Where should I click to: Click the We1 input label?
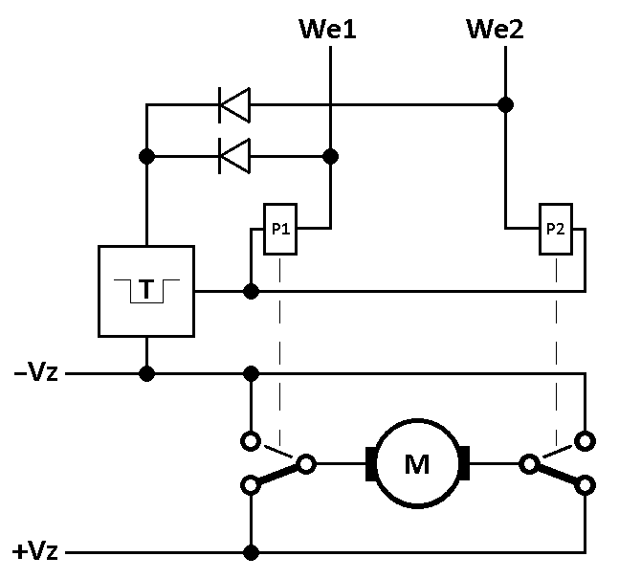coord(327,29)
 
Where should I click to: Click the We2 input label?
coord(495,29)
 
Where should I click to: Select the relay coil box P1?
coord(280,229)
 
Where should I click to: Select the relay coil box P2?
coord(556,229)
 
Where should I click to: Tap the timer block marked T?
coord(146,292)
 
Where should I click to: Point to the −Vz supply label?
coord(36,372)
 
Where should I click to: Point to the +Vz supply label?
coord(35,551)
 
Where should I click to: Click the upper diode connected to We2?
coord(234,105)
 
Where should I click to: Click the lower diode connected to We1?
coord(234,156)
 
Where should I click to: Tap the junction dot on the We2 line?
coord(506,105)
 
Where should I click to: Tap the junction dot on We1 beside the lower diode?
coord(330,156)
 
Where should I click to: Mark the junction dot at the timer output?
coord(251,292)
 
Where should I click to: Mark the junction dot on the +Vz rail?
coord(251,552)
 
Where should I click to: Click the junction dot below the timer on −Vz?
coord(146,373)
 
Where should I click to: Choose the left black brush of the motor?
coord(370,463)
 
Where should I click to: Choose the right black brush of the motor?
coord(465,463)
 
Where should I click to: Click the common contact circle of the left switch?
coord(306,463)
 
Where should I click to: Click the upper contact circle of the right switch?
coord(586,441)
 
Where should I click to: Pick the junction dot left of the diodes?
coord(146,156)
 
